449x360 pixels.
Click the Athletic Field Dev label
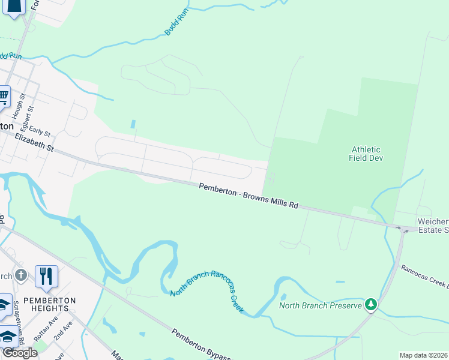366,154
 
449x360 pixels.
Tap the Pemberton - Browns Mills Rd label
249,196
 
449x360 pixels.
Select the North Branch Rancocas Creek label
207,292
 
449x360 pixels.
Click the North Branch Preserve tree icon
372,305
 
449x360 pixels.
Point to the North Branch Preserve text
321,305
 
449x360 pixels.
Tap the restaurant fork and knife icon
46,276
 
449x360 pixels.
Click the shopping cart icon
3,96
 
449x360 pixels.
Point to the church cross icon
21,275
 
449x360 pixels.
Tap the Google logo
19,352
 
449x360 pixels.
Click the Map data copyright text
424,355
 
